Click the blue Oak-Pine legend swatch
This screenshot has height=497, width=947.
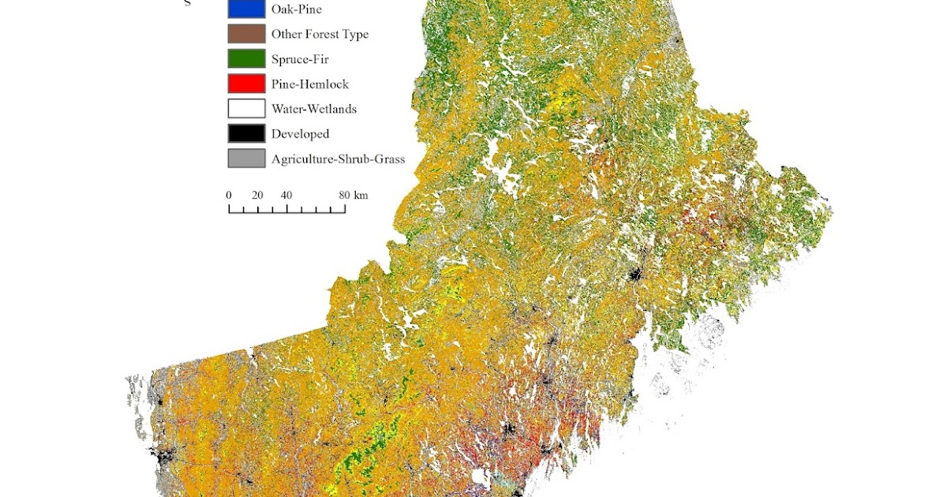[246, 9]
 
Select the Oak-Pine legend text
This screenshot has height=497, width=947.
[297, 9]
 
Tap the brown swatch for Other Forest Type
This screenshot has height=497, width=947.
[246, 34]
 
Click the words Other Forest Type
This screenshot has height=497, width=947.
[320, 34]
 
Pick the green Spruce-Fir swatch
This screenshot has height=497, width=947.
[246, 58]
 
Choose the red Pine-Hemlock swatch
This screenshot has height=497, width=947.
[246, 84]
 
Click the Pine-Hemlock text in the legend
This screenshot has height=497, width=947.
[310, 84]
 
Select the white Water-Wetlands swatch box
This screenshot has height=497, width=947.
[246, 109]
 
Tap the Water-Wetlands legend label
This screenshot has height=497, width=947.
[314, 110]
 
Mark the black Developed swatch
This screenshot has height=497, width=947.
[246, 133]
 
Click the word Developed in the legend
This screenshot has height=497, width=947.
[300, 134]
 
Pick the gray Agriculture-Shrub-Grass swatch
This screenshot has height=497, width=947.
[246, 159]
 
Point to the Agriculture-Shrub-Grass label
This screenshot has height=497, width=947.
[338, 159]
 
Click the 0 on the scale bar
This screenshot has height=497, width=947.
[229, 195]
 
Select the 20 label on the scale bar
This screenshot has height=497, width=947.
[257, 195]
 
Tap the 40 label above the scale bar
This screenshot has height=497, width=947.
[286, 195]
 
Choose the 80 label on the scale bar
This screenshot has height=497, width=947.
[344, 195]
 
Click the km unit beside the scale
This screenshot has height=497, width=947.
[361, 195]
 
